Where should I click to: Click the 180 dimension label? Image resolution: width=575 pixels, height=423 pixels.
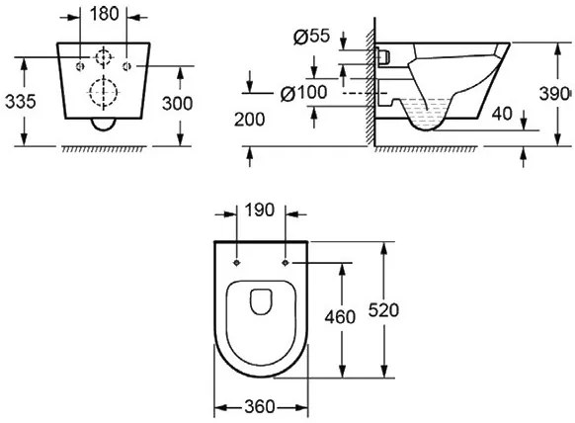point(105,14)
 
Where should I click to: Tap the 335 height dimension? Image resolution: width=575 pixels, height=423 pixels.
point(21,101)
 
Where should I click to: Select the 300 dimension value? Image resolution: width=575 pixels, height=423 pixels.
point(178,104)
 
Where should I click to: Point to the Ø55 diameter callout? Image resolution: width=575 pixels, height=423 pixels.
point(311,36)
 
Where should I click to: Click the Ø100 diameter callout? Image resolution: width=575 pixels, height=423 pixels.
point(303,93)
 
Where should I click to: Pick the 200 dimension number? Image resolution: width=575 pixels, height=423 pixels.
point(249,120)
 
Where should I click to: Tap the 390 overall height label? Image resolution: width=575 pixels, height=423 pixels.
point(554,94)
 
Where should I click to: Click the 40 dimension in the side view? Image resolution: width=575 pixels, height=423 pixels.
point(502,114)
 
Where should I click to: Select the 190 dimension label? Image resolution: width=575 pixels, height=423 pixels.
point(259,211)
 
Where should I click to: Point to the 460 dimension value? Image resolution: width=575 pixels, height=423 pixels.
point(340,317)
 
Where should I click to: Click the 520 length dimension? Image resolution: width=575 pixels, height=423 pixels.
point(383,310)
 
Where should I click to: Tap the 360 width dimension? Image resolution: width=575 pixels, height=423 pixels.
point(259,406)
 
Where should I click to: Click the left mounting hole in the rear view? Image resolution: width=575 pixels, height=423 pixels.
point(80,66)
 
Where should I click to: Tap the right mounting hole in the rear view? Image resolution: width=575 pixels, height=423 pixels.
point(126,66)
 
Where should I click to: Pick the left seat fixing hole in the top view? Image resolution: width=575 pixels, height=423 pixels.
point(237,263)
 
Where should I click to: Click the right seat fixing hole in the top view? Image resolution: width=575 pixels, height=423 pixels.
point(286,263)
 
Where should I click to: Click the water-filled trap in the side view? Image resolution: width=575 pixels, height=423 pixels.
point(426,114)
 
